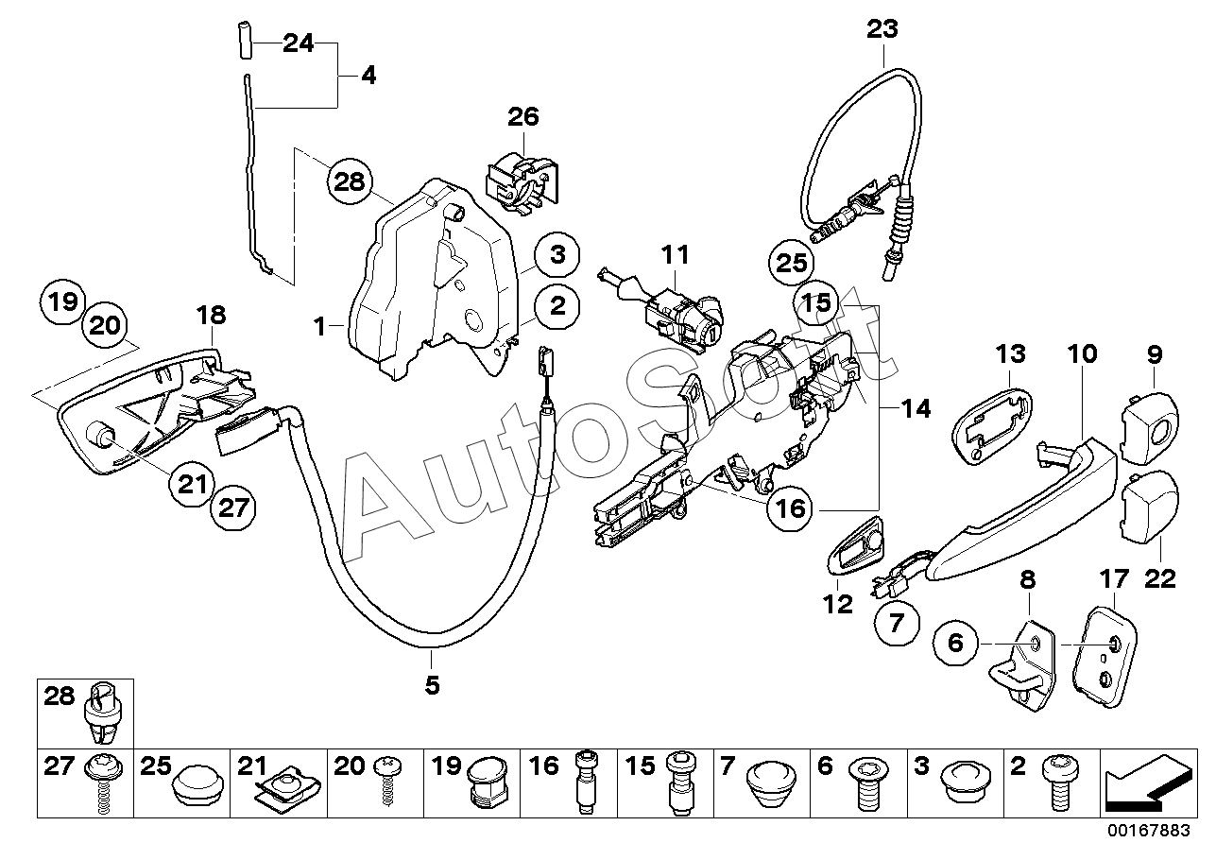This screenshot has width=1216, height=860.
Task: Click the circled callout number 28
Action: [350, 181]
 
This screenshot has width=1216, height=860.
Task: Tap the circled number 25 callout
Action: [791, 264]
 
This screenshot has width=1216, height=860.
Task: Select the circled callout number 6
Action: [955, 643]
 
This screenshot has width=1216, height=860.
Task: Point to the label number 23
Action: [882, 28]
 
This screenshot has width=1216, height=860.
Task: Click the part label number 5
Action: [432, 686]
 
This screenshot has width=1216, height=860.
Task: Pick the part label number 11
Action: [676, 254]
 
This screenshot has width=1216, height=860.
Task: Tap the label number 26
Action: [523, 117]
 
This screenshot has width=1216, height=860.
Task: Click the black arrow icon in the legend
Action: [1148, 783]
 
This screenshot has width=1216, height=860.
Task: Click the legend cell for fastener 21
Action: [279, 783]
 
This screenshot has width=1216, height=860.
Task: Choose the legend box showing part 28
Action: [85, 714]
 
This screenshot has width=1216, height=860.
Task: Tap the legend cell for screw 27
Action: [85, 783]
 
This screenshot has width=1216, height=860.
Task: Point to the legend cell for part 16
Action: [569, 783]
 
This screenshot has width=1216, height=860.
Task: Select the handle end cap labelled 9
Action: [1150, 428]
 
